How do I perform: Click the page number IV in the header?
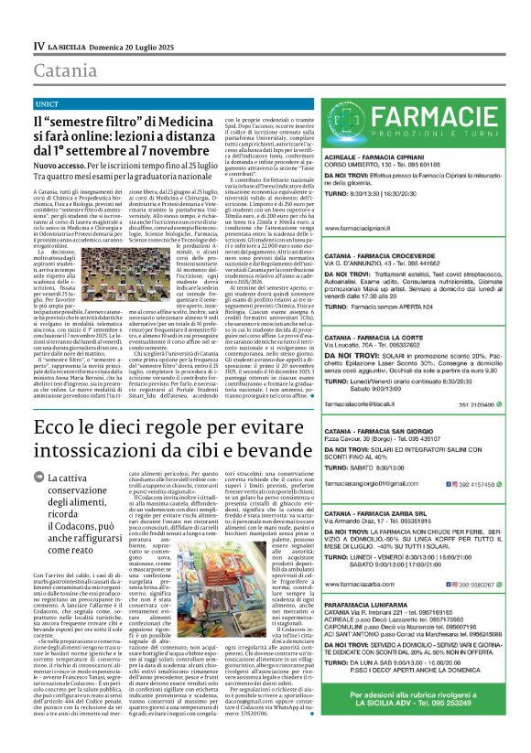tap(38, 46)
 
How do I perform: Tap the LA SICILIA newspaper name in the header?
tap(70, 46)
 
